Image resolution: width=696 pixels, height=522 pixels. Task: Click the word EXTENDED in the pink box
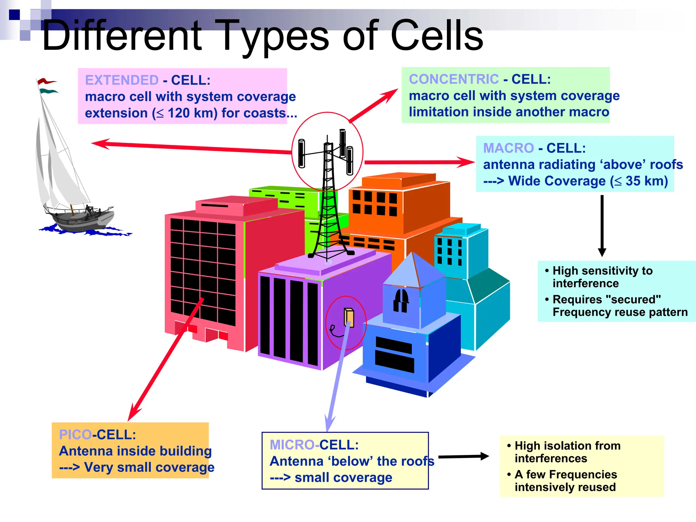point(122,80)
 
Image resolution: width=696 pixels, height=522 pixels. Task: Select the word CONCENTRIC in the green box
point(454,79)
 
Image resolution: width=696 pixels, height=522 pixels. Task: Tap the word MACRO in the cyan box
point(508,148)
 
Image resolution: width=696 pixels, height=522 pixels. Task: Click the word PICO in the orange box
point(75,435)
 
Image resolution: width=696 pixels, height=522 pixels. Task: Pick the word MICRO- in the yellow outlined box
point(294,445)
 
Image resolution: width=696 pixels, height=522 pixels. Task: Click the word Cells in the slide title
point(437,36)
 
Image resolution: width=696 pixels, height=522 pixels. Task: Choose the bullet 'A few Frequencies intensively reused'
point(565,480)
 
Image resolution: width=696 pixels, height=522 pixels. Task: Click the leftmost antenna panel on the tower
point(301,153)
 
